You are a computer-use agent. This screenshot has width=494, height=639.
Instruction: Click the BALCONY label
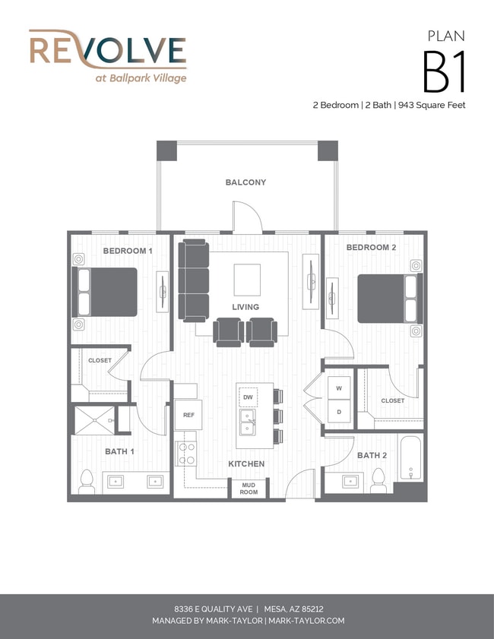click(245, 182)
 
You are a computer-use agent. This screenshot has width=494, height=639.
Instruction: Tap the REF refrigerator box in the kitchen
click(188, 415)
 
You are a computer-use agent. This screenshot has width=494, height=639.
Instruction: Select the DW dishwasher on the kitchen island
click(248, 397)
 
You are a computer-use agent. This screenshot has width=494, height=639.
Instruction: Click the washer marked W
click(339, 388)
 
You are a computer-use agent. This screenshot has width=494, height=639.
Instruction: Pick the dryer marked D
click(339, 412)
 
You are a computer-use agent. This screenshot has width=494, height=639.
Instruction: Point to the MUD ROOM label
click(249, 489)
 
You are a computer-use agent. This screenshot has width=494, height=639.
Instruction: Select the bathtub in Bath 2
click(411, 458)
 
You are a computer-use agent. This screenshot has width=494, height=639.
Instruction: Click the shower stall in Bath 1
click(94, 420)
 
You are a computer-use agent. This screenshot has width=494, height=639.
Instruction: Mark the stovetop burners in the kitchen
click(186, 454)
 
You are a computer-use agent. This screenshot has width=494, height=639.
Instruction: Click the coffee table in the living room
click(247, 280)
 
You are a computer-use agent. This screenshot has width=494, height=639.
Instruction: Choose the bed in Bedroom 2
click(390, 299)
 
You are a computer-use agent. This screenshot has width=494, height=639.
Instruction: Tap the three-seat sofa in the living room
click(194, 281)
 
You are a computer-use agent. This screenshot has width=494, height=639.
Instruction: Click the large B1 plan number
click(444, 72)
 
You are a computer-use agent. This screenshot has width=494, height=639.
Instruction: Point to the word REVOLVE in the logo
click(108, 51)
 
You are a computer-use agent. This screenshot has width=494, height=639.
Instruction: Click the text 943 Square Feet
click(432, 105)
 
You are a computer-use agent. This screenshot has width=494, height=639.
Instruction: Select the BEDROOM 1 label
click(128, 251)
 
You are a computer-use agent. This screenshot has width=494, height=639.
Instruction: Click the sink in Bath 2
click(350, 481)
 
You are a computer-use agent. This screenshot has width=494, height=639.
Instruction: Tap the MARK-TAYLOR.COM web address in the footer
click(306, 621)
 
